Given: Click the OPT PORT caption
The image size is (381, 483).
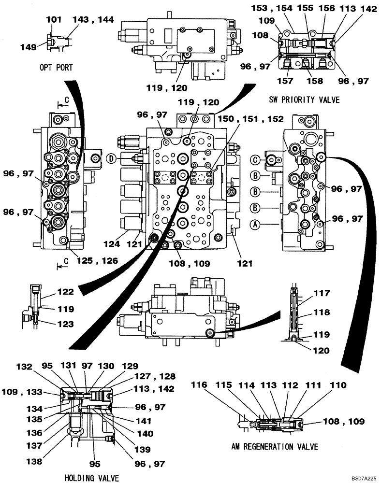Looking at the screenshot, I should click(57, 68).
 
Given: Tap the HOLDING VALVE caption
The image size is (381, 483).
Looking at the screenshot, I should click(91, 478).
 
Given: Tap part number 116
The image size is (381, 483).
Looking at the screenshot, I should click(202, 385).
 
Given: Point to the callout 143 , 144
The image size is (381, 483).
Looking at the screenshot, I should click(93, 20).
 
